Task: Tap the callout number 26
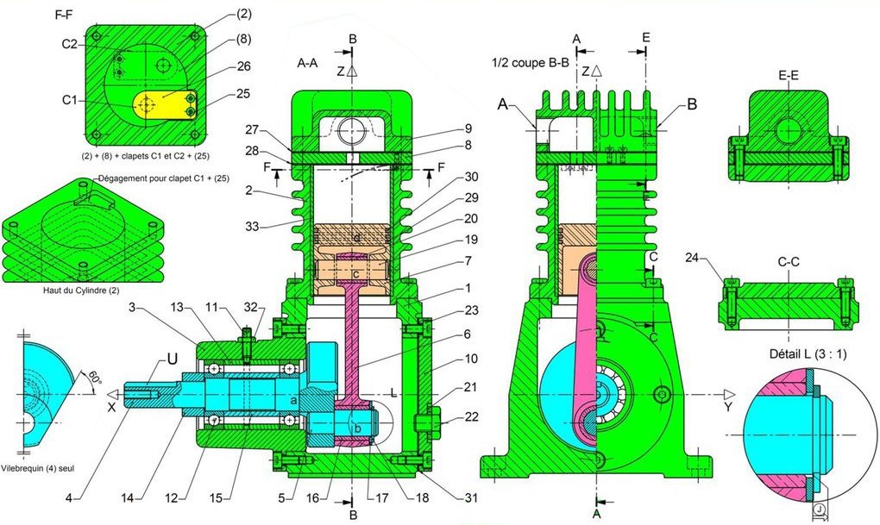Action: [218, 66]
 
